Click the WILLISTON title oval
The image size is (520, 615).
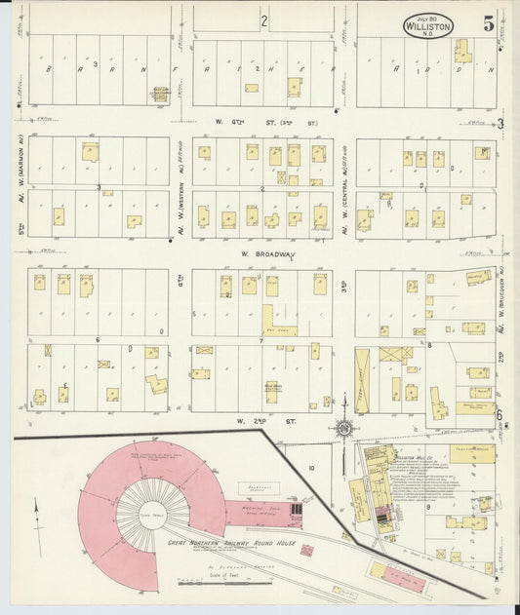click(x=427, y=24)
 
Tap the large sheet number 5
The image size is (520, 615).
click(x=488, y=19)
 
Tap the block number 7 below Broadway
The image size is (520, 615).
click(x=261, y=340)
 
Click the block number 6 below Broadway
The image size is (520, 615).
click(x=98, y=339)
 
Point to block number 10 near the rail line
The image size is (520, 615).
click(x=312, y=468)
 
